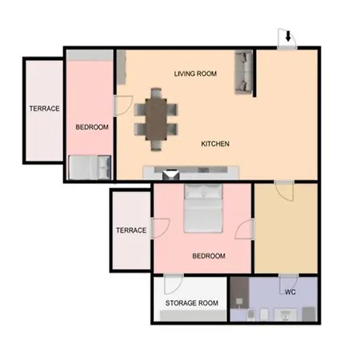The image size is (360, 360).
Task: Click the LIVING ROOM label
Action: [x=195, y=74]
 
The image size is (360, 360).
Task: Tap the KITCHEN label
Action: [x=215, y=144]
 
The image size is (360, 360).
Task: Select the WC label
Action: [x=290, y=292]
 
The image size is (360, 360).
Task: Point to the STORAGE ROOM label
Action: [x=192, y=303]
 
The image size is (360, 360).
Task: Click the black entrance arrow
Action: [x=288, y=36]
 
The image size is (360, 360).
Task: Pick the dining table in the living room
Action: [x=156, y=119]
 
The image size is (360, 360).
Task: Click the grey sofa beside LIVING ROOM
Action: [x=243, y=72]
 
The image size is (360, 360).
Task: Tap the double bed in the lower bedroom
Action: [x=203, y=208]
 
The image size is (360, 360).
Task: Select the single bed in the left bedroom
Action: [x=90, y=167]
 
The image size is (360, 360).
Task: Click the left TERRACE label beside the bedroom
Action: [x=44, y=109]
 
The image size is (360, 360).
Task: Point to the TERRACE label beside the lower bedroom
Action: [x=131, y=230]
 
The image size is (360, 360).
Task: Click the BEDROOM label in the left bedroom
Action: [x=92, y=127]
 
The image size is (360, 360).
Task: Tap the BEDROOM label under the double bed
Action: [x=209, y=256]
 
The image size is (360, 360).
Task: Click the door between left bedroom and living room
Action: [x=123, y=106]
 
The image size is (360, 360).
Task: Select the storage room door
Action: [x=174, y=284]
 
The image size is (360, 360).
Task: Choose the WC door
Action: [x=288, y=284]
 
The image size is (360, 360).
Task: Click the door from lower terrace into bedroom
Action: [x=160, y=228]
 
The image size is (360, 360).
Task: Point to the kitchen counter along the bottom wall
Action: [x=191, y=173]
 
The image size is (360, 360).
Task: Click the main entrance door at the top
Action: [x=287, y=39]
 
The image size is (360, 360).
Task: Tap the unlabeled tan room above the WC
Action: [x=286, y=228]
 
